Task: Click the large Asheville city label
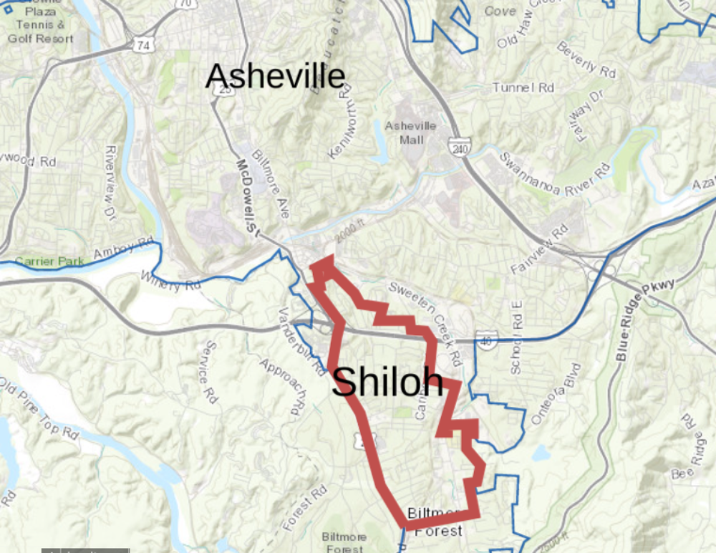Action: point(275,77)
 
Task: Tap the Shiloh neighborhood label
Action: point(387,382)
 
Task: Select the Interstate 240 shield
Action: point(459,147)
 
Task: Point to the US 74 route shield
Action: point(145,44)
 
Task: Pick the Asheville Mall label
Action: point(410,133)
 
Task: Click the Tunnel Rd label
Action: point(523,87)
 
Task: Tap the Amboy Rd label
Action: point(125,251)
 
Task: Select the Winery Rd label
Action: point(170,280)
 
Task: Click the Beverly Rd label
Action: point(586,61)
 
